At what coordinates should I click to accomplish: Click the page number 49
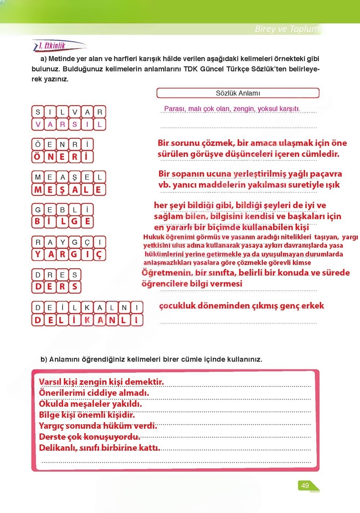[x=305, y=486]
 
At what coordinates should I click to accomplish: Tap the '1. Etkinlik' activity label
[x=52, y=46]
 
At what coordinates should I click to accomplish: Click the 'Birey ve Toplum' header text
[x=287, y=29]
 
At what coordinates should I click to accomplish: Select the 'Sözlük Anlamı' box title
[x=238, y=93]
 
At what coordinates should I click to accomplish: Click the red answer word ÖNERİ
[x=62, y=157]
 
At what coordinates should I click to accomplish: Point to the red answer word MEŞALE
[x=69, y=189]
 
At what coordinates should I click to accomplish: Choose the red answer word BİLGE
[x=62, y=222]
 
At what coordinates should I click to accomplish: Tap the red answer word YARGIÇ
[x=69, y=254]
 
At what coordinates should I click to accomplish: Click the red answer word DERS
[x=56, y=287]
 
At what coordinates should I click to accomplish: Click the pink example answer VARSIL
[x=69, y=124]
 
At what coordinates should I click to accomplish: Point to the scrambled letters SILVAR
[x=69, y=112]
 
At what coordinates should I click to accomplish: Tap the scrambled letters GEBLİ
[x=62, y=210]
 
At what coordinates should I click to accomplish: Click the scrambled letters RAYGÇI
[x=69, y=242]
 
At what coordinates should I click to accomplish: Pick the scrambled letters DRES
[x=56, y=275]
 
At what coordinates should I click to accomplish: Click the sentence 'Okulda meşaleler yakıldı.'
[x=90, y=404]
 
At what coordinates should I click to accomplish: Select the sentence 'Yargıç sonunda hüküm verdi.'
[x=98, y=426]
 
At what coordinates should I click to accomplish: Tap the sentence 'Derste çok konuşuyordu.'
[x=89, y=437]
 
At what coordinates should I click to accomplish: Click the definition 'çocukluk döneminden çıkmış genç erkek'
[x=242, y=306]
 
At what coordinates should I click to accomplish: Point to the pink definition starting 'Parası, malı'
[x=232, y=109]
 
